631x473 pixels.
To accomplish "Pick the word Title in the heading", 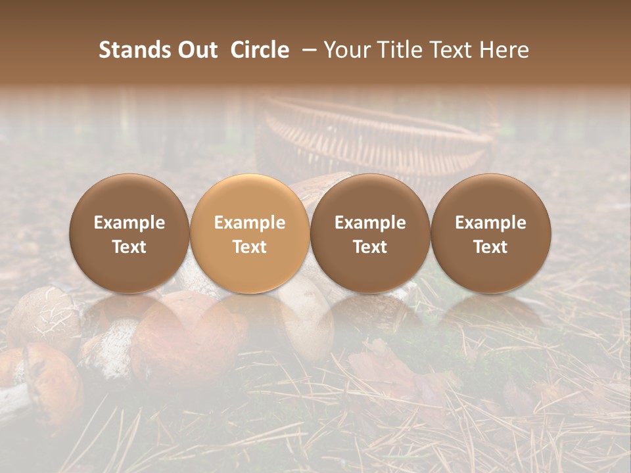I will (x=399, y=50).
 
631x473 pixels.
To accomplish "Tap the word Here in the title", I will (x=503, y=50).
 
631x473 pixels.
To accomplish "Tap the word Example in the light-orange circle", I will (x=250, y=223).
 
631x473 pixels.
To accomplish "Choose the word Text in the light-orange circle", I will (x=250, y=247).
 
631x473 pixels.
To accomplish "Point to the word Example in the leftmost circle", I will (x=129, y=223).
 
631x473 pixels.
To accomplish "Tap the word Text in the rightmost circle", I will (x=490, y=247).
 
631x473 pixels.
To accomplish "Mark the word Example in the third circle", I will (x=370, y=223).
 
